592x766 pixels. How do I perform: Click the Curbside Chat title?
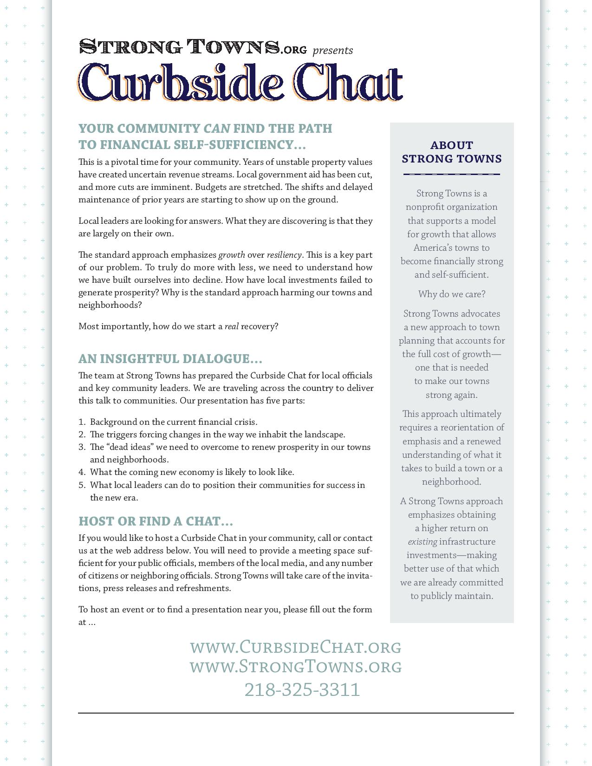(x=240, y=83)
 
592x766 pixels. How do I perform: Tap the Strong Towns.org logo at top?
(x=193, y=47)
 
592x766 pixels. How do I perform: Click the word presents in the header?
(x=332, y=50)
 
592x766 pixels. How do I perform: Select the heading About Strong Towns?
(x=451, y=152)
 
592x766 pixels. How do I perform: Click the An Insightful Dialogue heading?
(x=170, y=359)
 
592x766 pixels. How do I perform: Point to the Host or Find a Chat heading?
(x=156, y=521)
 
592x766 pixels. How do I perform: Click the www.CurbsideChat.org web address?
(x=296, y=647)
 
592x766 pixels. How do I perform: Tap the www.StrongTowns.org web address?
(x=296, y=666)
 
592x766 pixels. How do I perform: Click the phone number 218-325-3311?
(x=302, y=689)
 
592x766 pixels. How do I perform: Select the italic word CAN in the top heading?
(x=217, y=129)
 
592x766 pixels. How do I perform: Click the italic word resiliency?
(x=284, y=255)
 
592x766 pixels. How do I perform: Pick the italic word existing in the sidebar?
(x=422, y=542)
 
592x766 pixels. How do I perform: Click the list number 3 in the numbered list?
(x=82, y=447)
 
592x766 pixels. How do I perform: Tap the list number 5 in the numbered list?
(x=82, y=485)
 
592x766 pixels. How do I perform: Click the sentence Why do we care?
(x=451, y=294)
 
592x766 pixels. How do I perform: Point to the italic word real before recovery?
(x=231, y=326)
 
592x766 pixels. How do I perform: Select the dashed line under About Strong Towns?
(x=451, y=175)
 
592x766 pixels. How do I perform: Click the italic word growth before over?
(x=231, y=255)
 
